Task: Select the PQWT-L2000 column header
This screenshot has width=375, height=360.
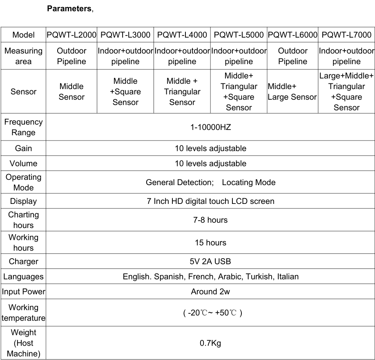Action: pos(71,35)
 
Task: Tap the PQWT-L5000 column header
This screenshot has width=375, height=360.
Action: pos(239,35)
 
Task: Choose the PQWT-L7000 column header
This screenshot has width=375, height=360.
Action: pos(346,35)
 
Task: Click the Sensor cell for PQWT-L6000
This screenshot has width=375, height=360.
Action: pos(292,92)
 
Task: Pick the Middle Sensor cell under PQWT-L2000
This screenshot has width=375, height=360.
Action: pos(71,92)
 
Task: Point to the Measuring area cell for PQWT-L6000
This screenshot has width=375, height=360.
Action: pos(292,56)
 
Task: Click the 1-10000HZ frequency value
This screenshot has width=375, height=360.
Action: pos(210,127)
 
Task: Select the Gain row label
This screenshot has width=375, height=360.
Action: pos(23,148)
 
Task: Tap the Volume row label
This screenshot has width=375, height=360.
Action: pos(23,163)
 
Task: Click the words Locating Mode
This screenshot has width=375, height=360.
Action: pos(248,182)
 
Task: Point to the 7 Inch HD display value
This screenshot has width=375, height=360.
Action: pos(210,201)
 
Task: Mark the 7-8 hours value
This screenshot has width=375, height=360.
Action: pos(210,220)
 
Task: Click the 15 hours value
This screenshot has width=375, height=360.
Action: pos(210,242)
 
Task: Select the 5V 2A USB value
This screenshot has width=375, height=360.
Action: pos(210,262)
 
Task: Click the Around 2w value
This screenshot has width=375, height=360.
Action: pos(210,292)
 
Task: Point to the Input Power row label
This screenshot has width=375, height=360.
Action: pos(23,292)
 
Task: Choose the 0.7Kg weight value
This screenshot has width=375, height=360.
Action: pos(210,343)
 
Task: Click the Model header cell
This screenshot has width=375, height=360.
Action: pos(23,35)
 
